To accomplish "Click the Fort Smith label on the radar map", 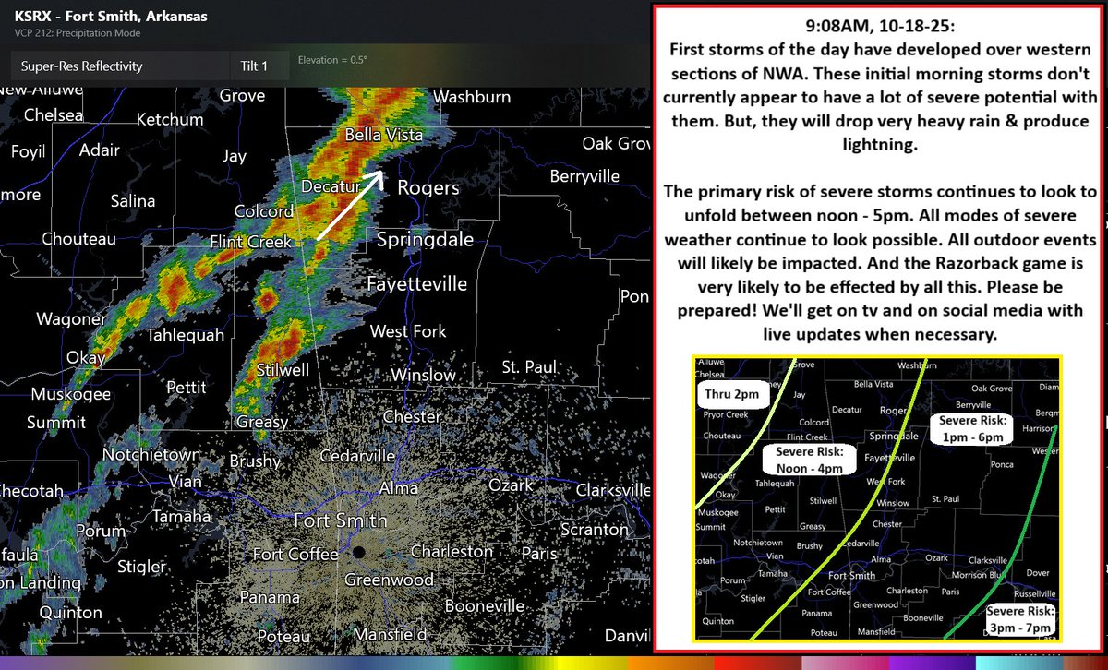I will click(x=340, y=520).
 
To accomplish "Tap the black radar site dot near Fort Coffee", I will click(x=358, y=553).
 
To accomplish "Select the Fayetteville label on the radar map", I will click(x=416, y=284).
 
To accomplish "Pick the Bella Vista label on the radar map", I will click(x=383, y=136).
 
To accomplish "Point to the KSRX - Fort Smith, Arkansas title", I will click(x=111, y=17).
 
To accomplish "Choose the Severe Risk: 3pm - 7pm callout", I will click(x=1019, y=619).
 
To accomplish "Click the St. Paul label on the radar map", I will click(x=529, y=367).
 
